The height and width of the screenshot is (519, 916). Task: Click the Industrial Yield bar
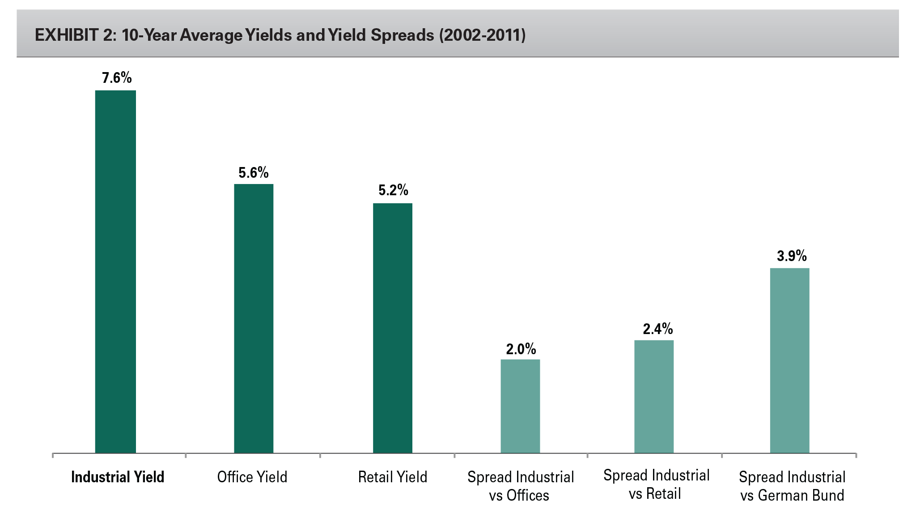(115, 271)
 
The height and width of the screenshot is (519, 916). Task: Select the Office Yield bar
(254, 318)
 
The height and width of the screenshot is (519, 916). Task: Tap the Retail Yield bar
(393, 328)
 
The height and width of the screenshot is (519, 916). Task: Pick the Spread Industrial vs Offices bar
(520, 406)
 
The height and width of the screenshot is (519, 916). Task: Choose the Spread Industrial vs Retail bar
(654, 396)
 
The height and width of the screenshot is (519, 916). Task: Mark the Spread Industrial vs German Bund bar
(789, 360)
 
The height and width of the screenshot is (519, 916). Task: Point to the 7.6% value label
(117, 78)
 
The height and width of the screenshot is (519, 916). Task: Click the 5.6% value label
(254, 173)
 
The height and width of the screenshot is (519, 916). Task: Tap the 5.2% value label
(393, 190)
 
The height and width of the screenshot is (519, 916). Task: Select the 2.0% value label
(521, 349)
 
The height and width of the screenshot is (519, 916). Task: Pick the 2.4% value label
(658, 329)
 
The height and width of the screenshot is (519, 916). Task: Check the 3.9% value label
(792, 256)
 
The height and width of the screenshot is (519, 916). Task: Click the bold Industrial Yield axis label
(118, 477)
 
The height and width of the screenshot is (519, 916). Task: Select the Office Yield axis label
(252, 477)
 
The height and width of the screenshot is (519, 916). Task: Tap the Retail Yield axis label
(393, 477)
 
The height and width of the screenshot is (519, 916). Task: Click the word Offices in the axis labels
(528, 495)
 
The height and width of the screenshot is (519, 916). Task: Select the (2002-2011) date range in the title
(482, 35)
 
